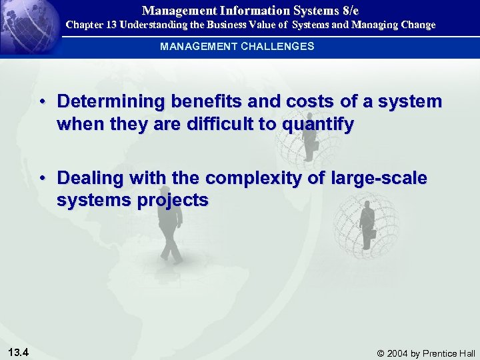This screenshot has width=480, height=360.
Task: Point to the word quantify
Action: tap(314, 125)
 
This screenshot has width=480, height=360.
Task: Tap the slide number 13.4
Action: tap(18, 352)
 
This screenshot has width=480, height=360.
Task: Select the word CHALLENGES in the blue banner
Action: tap(279, 47)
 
